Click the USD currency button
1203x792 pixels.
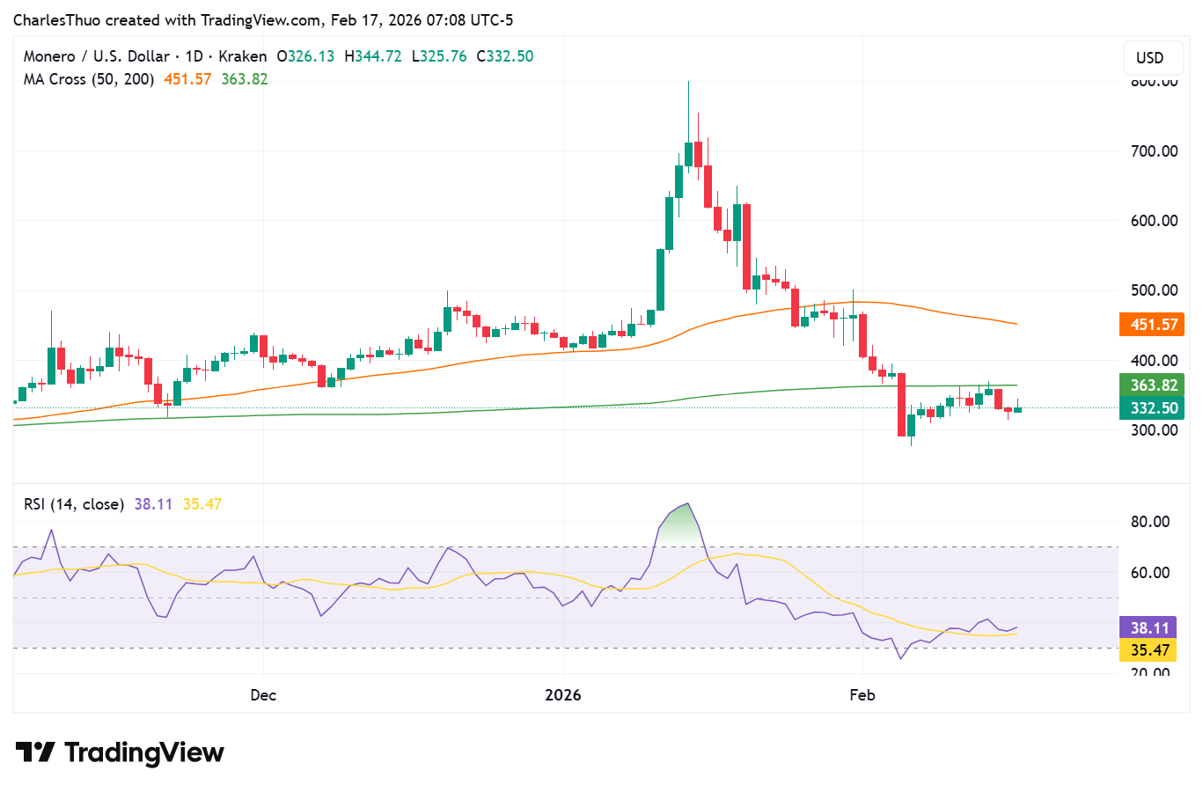point(1149,58)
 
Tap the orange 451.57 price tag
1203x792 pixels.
point(1153,325)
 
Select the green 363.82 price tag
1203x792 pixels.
point(1153,385)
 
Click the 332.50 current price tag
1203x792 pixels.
point(1153,408)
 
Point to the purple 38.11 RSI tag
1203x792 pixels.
point(1149,627)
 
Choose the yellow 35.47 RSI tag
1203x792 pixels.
point(1149,650)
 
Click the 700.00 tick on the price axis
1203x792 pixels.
point(1154,151)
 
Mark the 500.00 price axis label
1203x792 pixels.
point(1154,290)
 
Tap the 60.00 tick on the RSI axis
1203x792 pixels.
point(1149,573)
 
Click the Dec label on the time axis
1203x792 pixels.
point(263,695)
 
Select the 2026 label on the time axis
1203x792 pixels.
point(563,695)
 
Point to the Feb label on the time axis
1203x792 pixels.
point(862,695)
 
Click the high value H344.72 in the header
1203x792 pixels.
point(373,56)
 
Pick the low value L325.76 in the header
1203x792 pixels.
point(439,56)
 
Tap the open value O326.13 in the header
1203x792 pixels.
point(305,56)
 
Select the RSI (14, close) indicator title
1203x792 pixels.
point(74,504)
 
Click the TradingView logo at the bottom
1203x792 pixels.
point(121,753)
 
